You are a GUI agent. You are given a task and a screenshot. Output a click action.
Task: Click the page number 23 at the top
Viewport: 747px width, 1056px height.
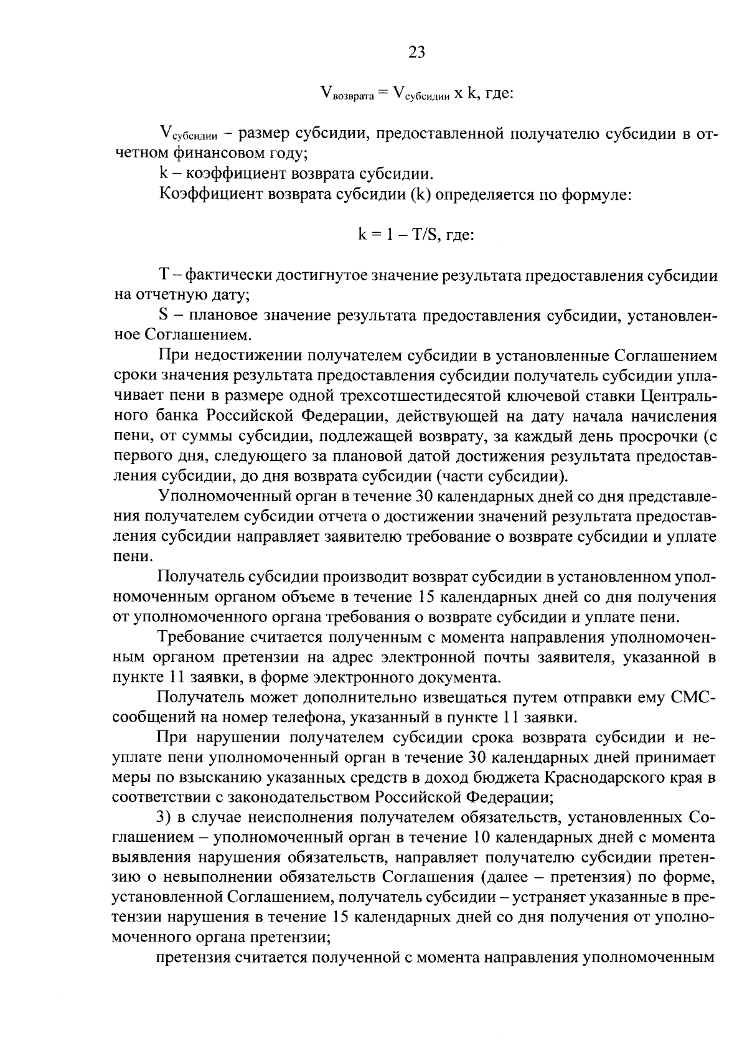pos(416,53)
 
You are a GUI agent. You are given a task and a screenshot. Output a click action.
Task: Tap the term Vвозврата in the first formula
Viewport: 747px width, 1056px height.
pos(346,95)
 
